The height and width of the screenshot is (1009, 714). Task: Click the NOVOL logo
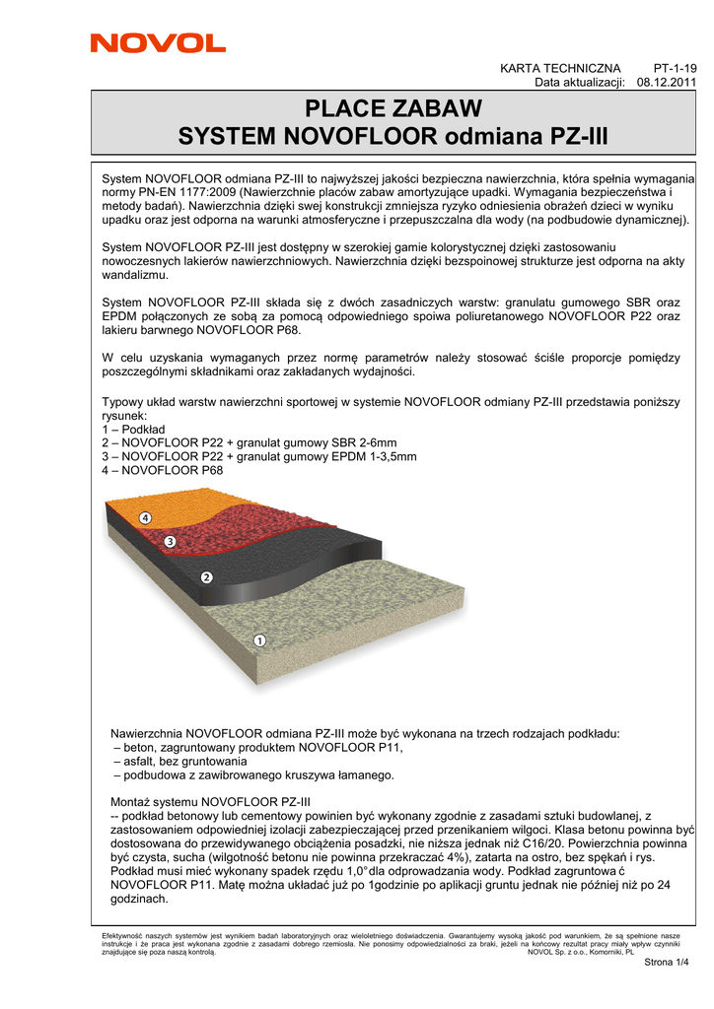click(158, 42)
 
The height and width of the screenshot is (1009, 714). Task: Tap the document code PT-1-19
click(676, 68)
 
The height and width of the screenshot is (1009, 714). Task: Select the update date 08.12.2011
click(668, 82)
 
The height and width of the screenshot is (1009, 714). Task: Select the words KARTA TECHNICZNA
click(560, 68)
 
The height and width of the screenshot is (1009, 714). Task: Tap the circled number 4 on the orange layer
click(145, 518)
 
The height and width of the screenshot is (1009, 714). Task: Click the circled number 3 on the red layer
click(170, 542)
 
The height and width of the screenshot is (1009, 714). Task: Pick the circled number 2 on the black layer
click(207, 577)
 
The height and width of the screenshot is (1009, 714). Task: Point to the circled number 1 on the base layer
click(259, 640)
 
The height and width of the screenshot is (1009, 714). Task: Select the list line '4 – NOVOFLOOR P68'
click(163, 471)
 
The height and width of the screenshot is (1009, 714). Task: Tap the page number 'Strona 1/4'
click(666, 963)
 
